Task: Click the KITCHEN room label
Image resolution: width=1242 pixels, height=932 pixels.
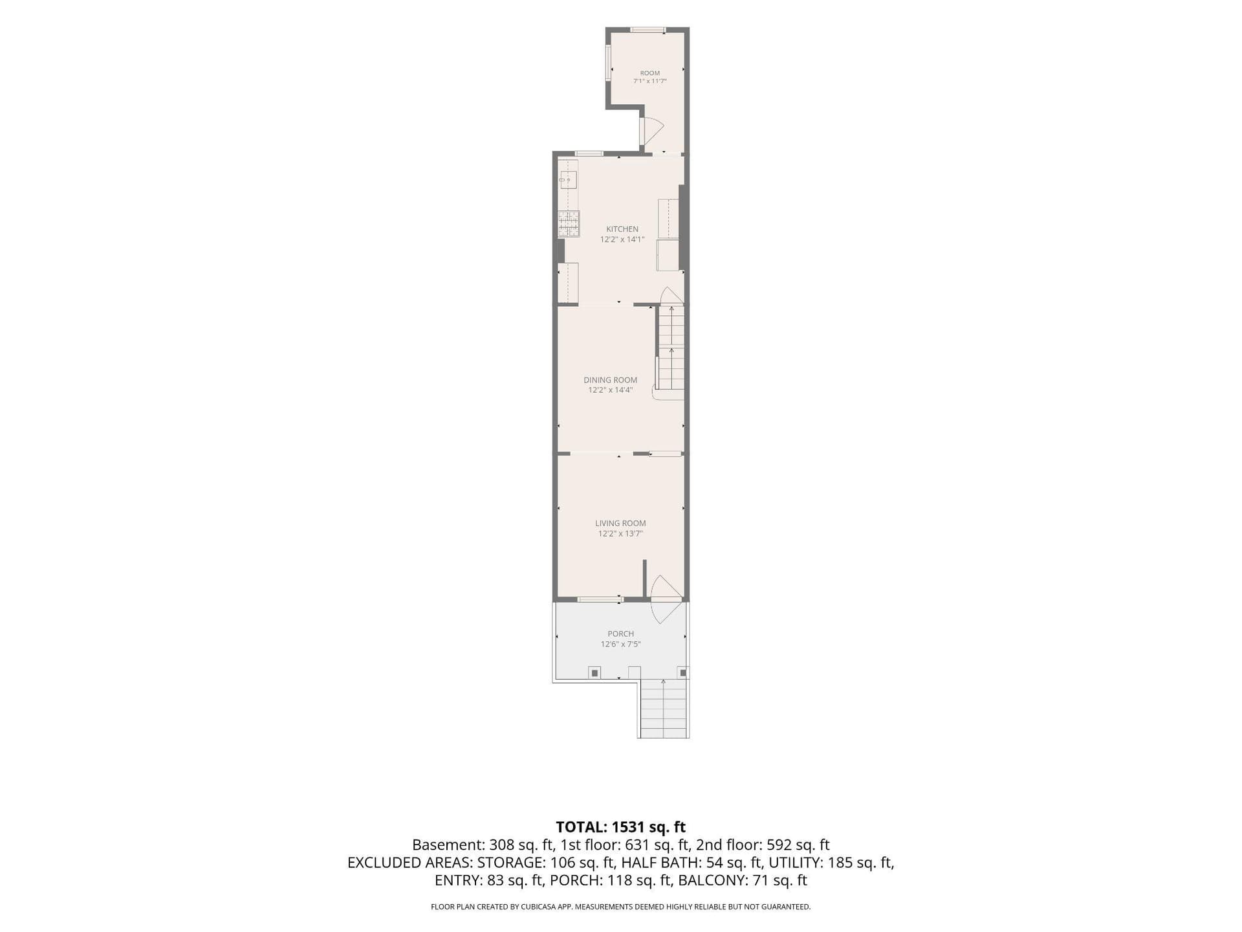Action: [x=622, y=229]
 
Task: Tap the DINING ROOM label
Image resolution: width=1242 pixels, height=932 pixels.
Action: [x=610, y=380]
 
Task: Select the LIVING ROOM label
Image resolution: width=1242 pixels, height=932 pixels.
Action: [x=620, y=523]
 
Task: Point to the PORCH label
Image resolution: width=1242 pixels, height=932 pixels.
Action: [x=620, y=634]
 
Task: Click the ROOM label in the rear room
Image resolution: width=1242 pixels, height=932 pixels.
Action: [x=650, y=73]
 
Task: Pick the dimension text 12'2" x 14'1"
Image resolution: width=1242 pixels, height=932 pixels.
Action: [x=622, y=239]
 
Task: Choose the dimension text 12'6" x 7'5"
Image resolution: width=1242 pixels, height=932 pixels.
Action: [x=620, y=644]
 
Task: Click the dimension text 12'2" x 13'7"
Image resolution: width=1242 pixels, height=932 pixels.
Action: [x=620, y=533]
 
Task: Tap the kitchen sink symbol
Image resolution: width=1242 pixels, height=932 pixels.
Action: [x=569, y=179]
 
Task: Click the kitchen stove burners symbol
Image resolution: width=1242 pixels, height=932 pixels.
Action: [x=569, y=224]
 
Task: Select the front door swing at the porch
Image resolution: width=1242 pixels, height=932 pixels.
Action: [x=666, y=599]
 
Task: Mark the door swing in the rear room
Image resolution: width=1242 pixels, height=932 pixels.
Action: [x=652, y=131]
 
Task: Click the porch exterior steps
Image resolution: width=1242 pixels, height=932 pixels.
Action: [x=663, y=709]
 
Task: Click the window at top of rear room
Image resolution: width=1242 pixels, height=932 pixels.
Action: [x=648, y=29]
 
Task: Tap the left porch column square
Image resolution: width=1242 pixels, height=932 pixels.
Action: [x=594, y=673]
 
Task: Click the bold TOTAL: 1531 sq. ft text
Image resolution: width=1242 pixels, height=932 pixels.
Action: [x=620, y=827]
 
